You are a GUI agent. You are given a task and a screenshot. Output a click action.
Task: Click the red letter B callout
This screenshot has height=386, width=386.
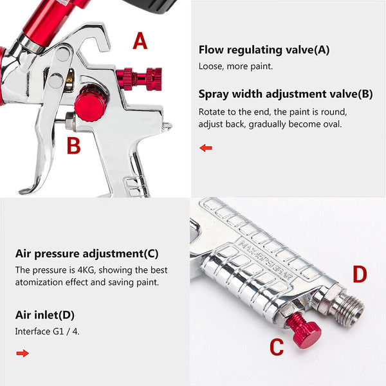point(74,145)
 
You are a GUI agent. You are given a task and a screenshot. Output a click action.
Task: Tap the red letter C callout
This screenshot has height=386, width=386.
point(277,347)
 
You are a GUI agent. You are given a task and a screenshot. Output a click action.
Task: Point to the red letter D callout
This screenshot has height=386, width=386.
point(360,275)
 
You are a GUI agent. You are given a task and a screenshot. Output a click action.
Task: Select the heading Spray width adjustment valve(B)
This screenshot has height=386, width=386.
point(285,94)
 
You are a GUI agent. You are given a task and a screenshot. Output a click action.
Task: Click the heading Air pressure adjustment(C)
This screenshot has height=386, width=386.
point(87,253)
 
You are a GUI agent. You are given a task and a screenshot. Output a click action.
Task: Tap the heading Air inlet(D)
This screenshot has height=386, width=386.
point(45,315)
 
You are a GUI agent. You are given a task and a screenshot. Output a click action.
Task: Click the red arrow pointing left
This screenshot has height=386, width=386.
point(206,148)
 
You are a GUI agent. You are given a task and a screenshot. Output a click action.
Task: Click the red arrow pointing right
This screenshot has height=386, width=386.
point(23,353)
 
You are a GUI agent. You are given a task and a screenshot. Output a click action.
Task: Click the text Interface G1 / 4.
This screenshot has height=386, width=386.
point(48,331)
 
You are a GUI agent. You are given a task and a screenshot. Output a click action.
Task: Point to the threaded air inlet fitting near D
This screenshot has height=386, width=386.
point(347,308)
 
